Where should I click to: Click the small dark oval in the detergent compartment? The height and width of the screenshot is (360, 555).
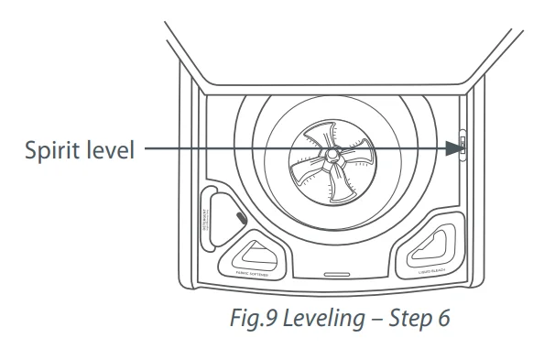tap(239, 218)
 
